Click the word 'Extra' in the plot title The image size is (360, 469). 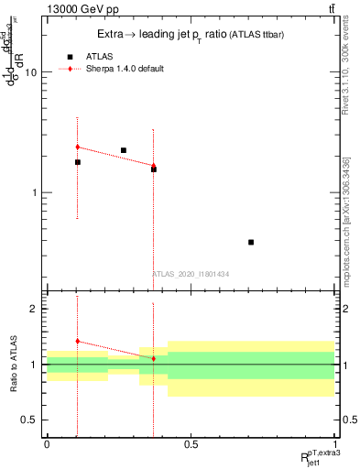coord(113,34)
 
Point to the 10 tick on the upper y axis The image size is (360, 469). coord(32,71)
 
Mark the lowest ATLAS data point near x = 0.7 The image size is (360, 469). coord(251,242)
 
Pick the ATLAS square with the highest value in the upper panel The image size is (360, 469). coord(124,150)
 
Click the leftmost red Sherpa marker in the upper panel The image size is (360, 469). coord(78,147)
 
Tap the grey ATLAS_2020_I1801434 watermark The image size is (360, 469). coord(191,274)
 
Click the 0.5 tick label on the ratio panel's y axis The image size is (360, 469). coord(30,420)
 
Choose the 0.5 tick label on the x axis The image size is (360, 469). coord(191,444)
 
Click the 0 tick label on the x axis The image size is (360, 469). coord(47,444)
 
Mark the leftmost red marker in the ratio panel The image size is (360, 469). coord(78,341)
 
